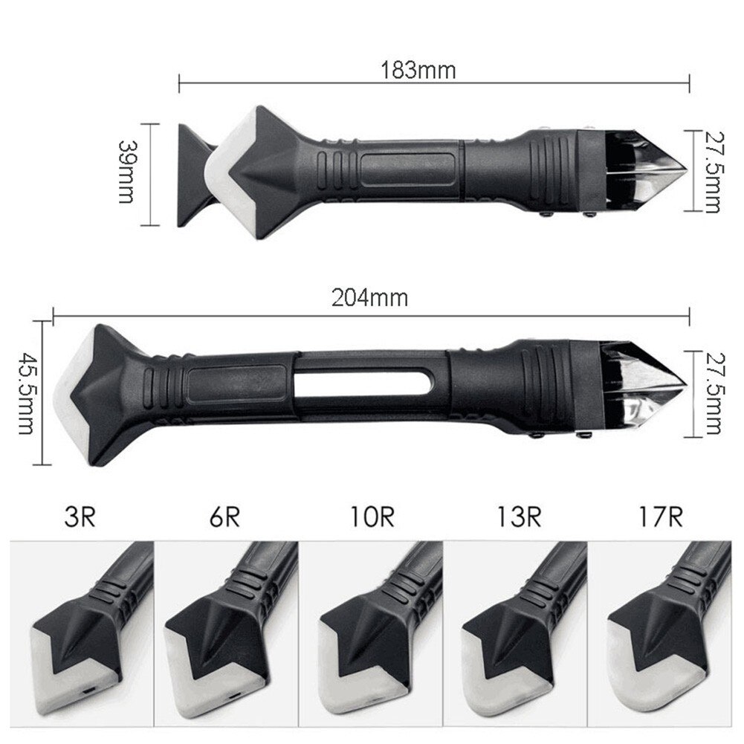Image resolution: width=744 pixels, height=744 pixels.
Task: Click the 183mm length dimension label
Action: pos(418,71)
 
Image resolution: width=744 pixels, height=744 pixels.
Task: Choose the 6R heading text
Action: pos(224,517)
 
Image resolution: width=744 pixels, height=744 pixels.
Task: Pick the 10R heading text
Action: pos(369,517)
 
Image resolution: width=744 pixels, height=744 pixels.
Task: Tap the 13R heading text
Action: pos(514,517)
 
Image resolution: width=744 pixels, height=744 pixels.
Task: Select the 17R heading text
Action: pos(660,517)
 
